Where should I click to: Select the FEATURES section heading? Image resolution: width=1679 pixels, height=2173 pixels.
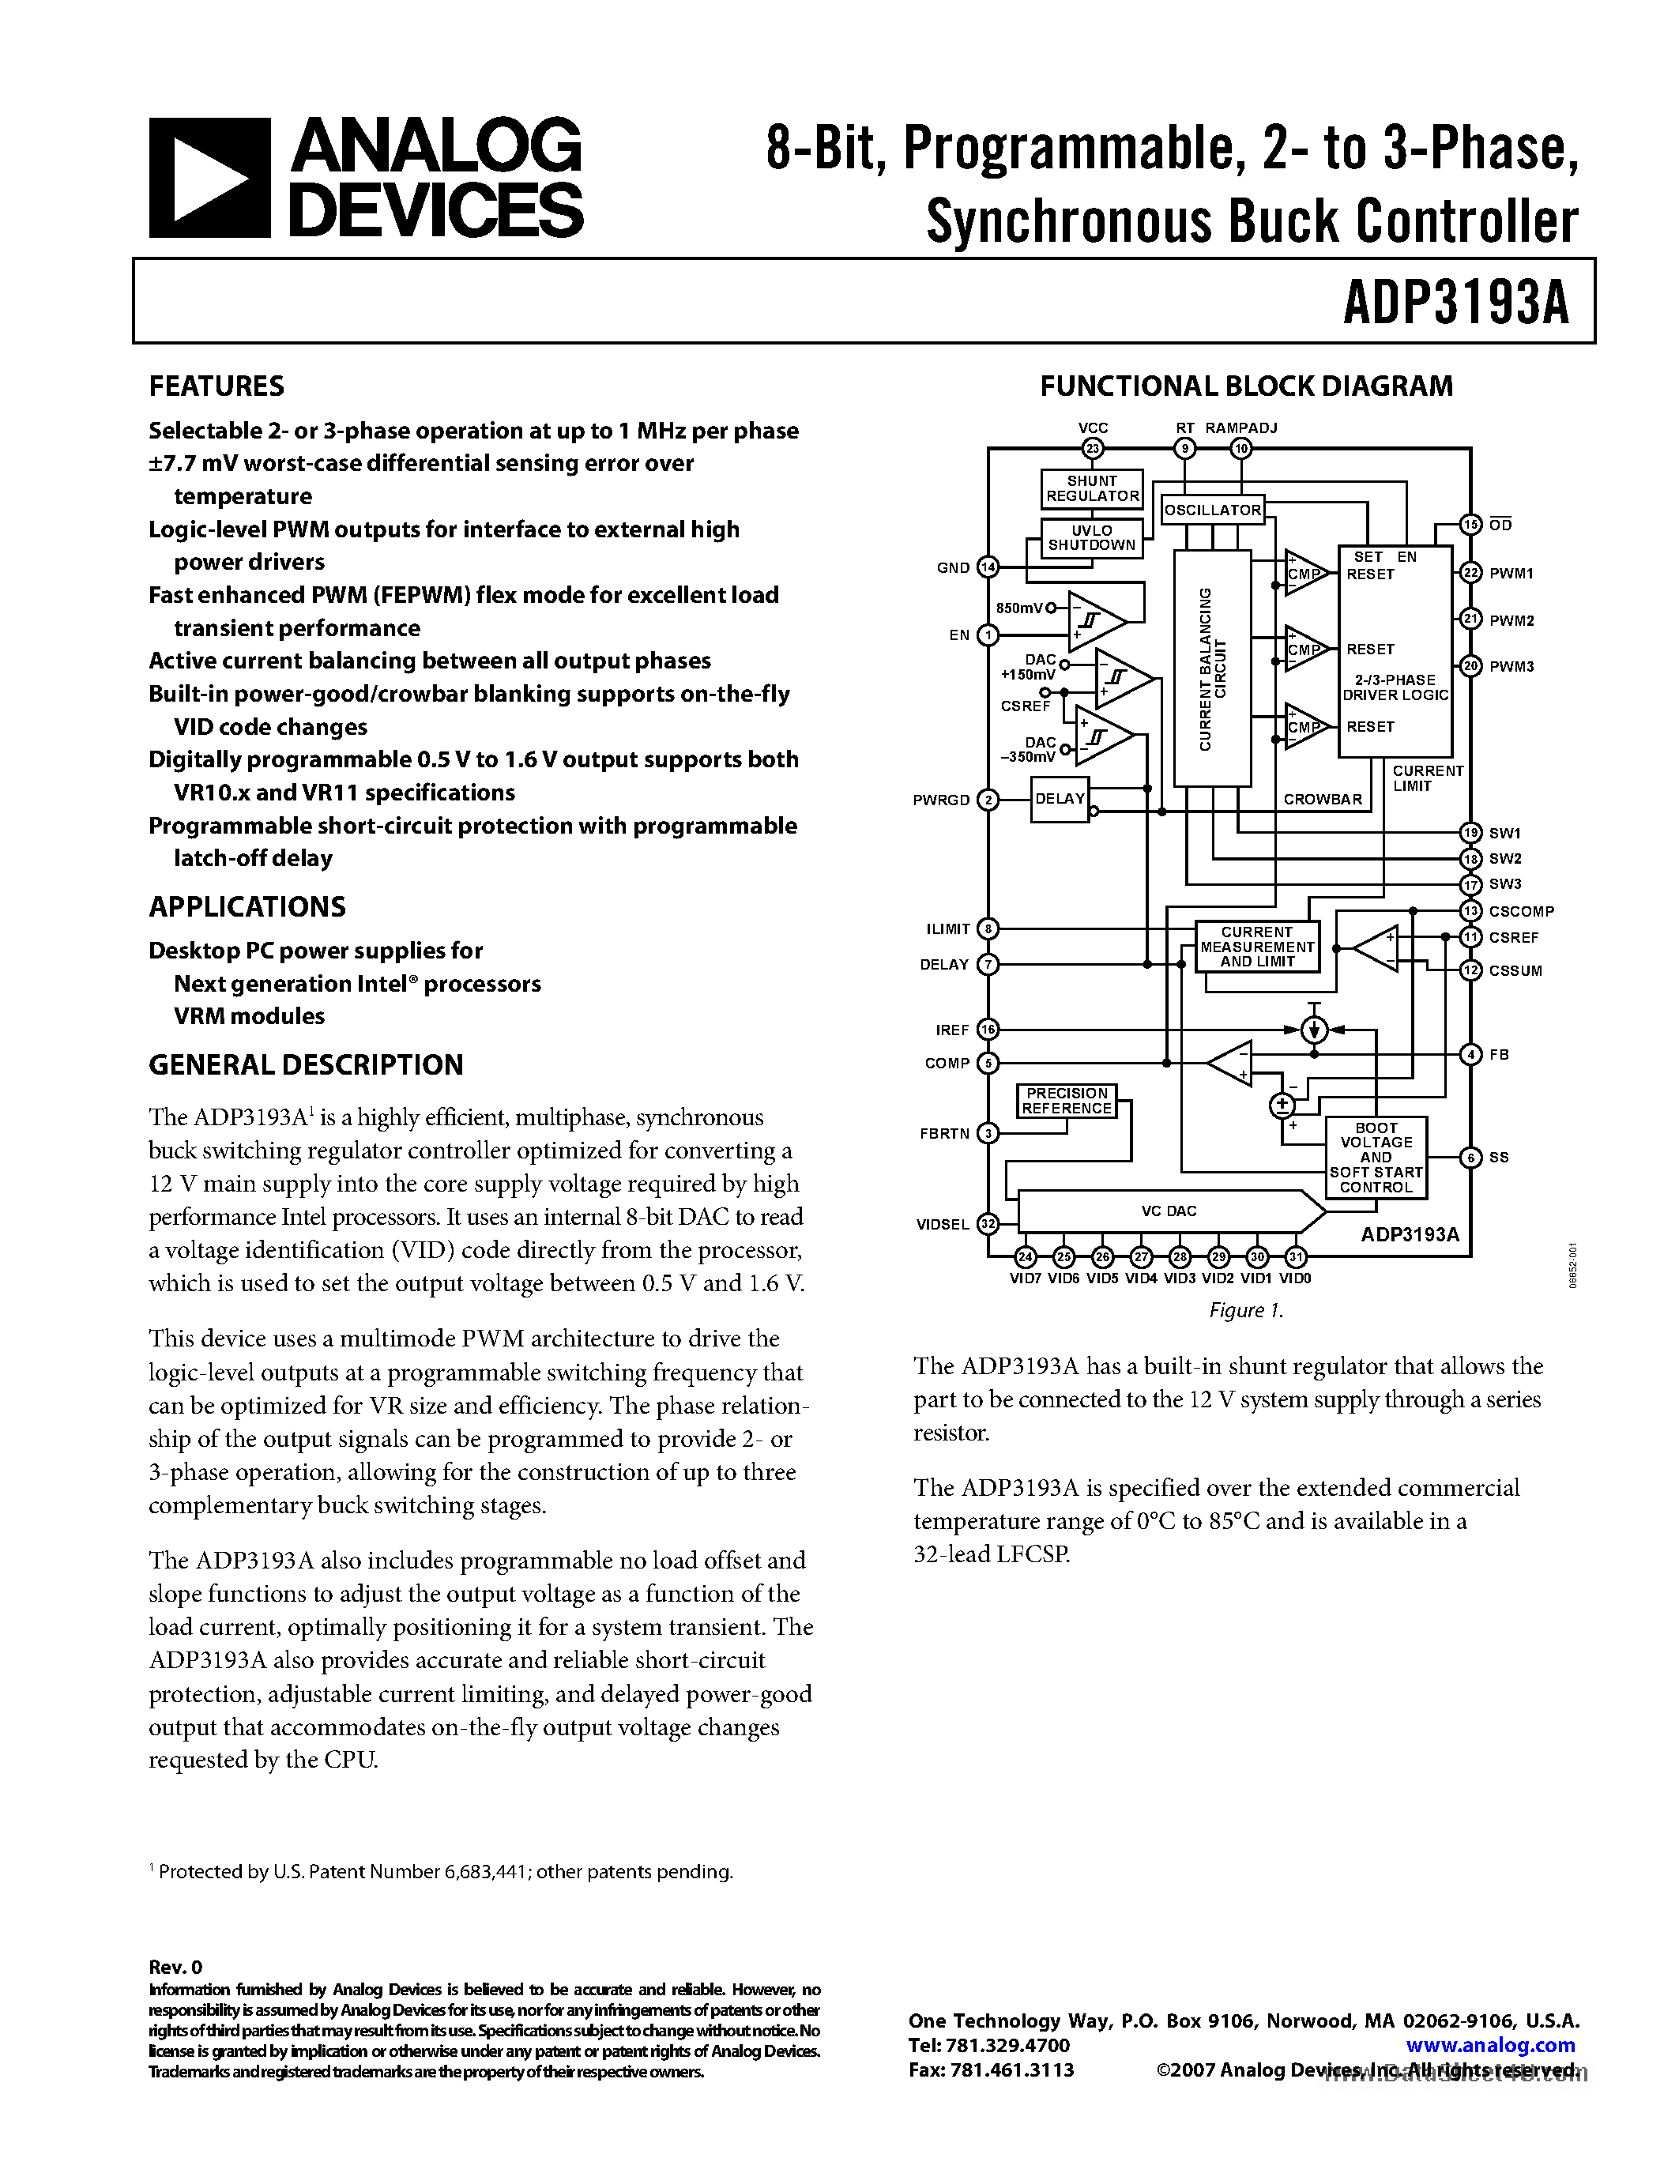pyautogui.click(x=216, y=386)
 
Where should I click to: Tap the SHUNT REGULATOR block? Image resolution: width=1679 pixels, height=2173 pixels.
pyautogui.click(x=1091, y=488)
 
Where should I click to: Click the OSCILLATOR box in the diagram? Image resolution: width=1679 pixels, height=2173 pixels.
pyautogui.click(x=1211, y=510)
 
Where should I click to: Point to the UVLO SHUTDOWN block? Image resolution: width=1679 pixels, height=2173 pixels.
pyautogui.click(x=1091, y=537)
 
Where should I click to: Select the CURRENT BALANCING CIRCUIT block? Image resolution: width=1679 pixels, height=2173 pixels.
pyautogui.click(x=1211, y=668)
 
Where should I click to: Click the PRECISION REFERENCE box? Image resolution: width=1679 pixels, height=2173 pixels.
pyautogui.click(x=1067, y=1101)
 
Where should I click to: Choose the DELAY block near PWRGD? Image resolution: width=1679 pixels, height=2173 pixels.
pyautogui.click(x=1060, y=799)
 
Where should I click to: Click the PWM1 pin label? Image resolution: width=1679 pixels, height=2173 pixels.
pyautogui.click(x=1511, y=573)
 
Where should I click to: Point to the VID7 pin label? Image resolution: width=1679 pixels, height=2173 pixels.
pyautogui.click(x=1026, y=1279)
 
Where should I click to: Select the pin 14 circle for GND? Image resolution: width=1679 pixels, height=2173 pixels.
pyautogui.click(x=988, y=567)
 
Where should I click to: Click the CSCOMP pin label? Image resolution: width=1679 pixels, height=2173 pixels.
pyautogui.click(x=1521, y=911)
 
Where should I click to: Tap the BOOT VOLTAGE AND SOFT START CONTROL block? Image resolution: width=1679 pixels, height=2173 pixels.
pyautogui.click(x=1376, y=1157)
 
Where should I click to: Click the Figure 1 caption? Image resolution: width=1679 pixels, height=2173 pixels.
pyautogui.click(x=1246, y=1310)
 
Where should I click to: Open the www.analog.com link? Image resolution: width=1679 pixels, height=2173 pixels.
pyautogui.click(x=1490, y=2046)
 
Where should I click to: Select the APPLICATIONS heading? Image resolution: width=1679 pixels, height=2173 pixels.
pyautogui.click(x=247, y=906)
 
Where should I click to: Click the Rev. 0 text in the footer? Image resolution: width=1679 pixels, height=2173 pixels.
pyautogui.click(x=175, y=1967)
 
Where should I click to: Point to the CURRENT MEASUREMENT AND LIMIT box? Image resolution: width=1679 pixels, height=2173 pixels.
pyautogui.click(x=1256, y=946)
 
